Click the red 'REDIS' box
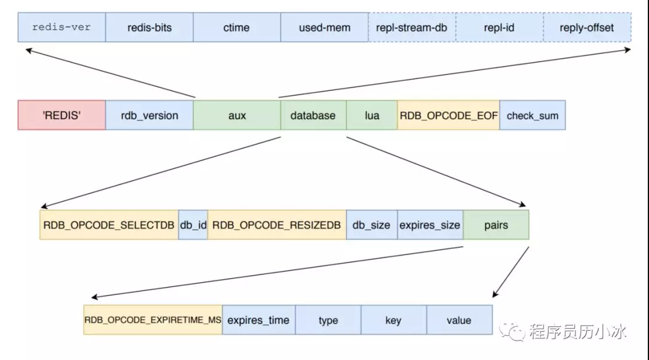point(61,115)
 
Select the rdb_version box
point(149,115)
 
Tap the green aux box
point(237,115)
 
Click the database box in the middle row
point(313,115)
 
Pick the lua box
point(372,115)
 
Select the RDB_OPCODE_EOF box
point(448,115)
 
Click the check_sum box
point(532,115)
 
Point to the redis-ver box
point(61,28)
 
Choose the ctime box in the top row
point(236,28)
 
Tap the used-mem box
point(324,28)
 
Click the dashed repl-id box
point(499,28)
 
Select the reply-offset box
point(586,28)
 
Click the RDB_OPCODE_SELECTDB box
point(109,225)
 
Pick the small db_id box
point(193,225)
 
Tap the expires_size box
point(430,225)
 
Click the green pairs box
point(496,225)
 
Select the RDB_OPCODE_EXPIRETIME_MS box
point(153,320)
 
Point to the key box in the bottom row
point(393,320)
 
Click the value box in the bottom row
point(459,320)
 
